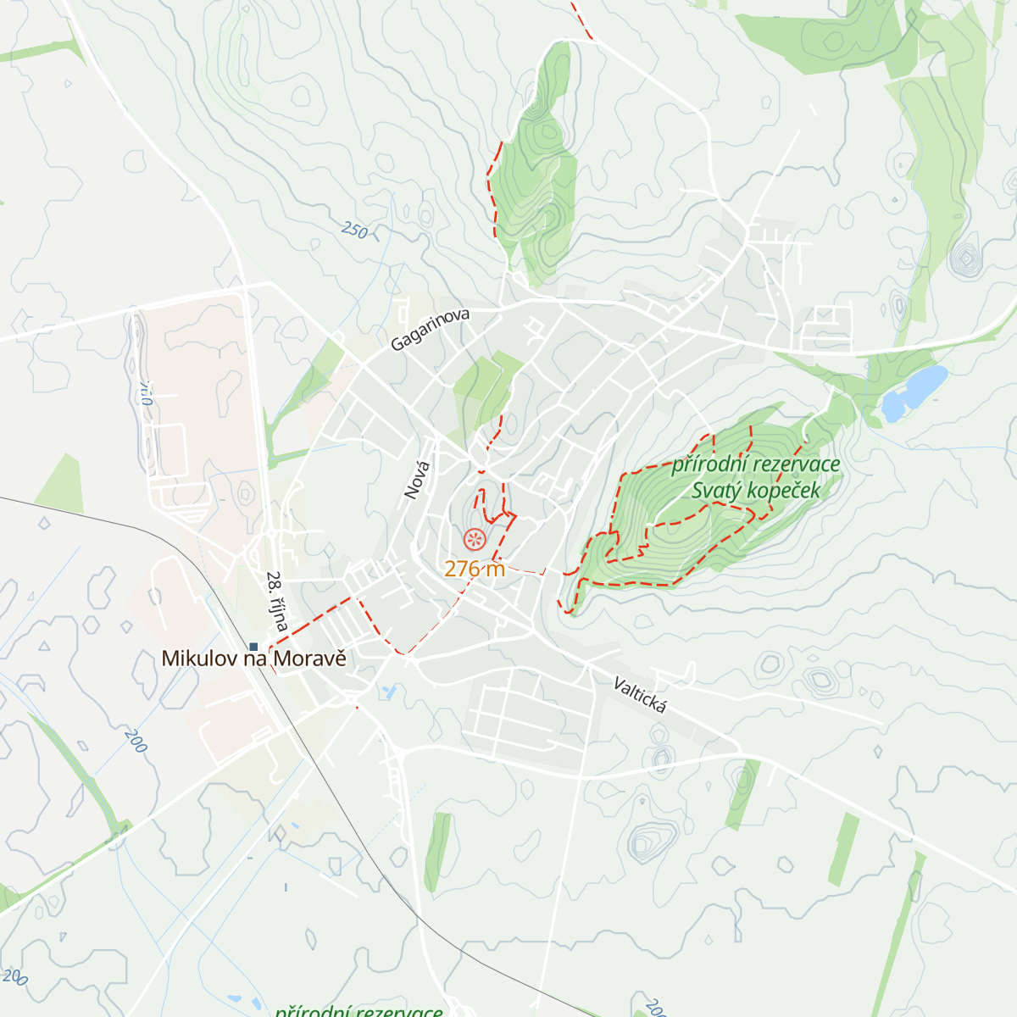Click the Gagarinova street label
pos(430,330)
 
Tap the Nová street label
pos(417,480)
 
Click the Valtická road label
pos(641,695)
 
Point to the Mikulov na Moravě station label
pos(253,659)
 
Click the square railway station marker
pos(253,647)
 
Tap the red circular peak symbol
pos(475,538)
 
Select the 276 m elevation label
pos(475,569)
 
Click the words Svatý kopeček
pos(756,490)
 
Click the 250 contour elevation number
pos(354,230)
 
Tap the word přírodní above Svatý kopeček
pos(708,464)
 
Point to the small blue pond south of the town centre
pos(389,692)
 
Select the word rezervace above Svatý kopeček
pos(795,464)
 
